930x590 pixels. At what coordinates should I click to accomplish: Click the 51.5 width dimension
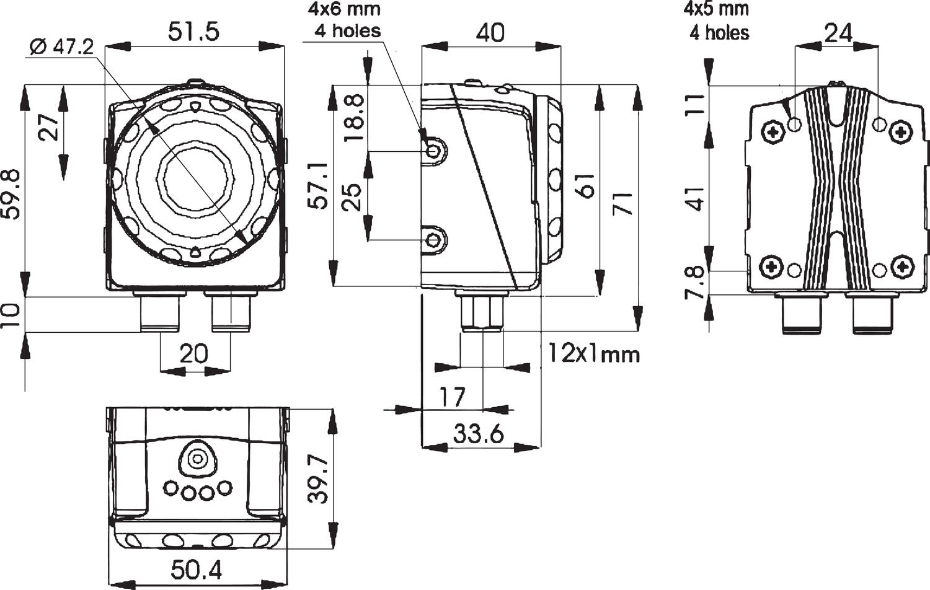pyautogui.click(x=194, y=32)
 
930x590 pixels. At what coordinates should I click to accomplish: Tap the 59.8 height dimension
pyautogui.click(x=13, y=196)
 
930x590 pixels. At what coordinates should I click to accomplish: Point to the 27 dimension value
pyautogui.click(x=51, y=126)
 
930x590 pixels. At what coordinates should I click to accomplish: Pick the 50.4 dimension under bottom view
pyautogui.click(x=195, y=569)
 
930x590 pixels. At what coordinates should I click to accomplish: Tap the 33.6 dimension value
pyautogui.click(x=477, y=434)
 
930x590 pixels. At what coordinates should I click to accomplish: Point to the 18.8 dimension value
pyautogui.click(x=353, y=118)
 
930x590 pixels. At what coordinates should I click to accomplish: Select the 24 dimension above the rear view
pyautogui.click(x=838, y=32)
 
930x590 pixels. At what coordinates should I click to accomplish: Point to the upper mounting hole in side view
pyautogui.click(x=433, y=151)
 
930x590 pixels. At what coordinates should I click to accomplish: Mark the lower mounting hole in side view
pyautogui.click(x=433, y=239)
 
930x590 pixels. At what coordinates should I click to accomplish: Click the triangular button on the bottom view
pyautogui.click(x=198, y=459)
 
